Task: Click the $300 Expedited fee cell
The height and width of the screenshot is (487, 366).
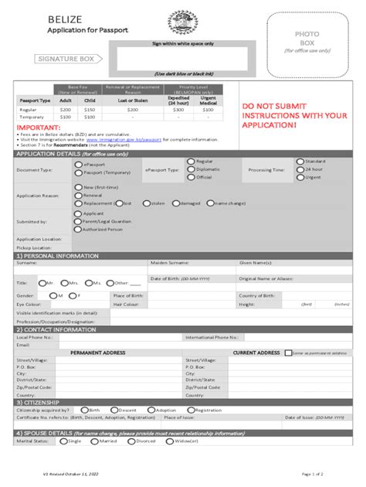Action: pos(178,110)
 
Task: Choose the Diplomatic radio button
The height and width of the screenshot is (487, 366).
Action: pos(191,169)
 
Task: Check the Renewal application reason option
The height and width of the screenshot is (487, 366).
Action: pos(78,195)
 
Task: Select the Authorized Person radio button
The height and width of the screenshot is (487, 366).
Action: pos(78,230)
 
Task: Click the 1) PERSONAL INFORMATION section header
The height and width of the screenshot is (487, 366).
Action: pos(58,255)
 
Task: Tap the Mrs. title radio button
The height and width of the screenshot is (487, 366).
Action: pos(65,284)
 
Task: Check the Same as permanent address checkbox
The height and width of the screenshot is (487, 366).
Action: pos(288,352)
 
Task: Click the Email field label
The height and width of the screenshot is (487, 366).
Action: pos(23,345)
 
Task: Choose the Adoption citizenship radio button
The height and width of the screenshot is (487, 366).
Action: pos(151,410)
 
